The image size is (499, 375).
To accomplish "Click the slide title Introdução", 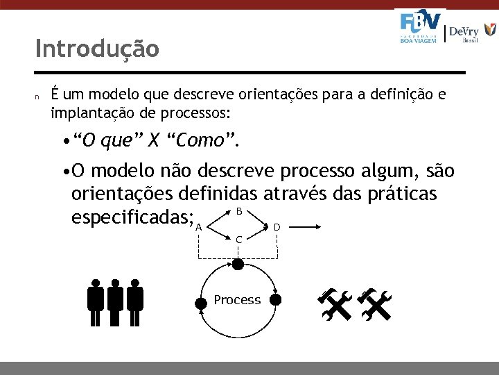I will [x=97, y=49].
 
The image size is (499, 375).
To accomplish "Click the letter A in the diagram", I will [x=198, y=227].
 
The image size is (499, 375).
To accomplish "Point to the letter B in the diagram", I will [x=238, y=211].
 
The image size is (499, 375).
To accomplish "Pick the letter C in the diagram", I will [x=238, y=240].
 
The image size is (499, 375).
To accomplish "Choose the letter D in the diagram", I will [x=277, y=227].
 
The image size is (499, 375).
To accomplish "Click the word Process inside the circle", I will [x=237, y=300].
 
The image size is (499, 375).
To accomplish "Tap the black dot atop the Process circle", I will [x=238, y=264].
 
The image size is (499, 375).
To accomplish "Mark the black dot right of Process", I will [x=275, y=300].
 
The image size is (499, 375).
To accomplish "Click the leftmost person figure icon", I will [x=96, y=303].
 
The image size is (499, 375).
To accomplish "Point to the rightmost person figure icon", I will [x=135, y=303].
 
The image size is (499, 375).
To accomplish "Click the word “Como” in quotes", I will [x=202, y=142].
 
